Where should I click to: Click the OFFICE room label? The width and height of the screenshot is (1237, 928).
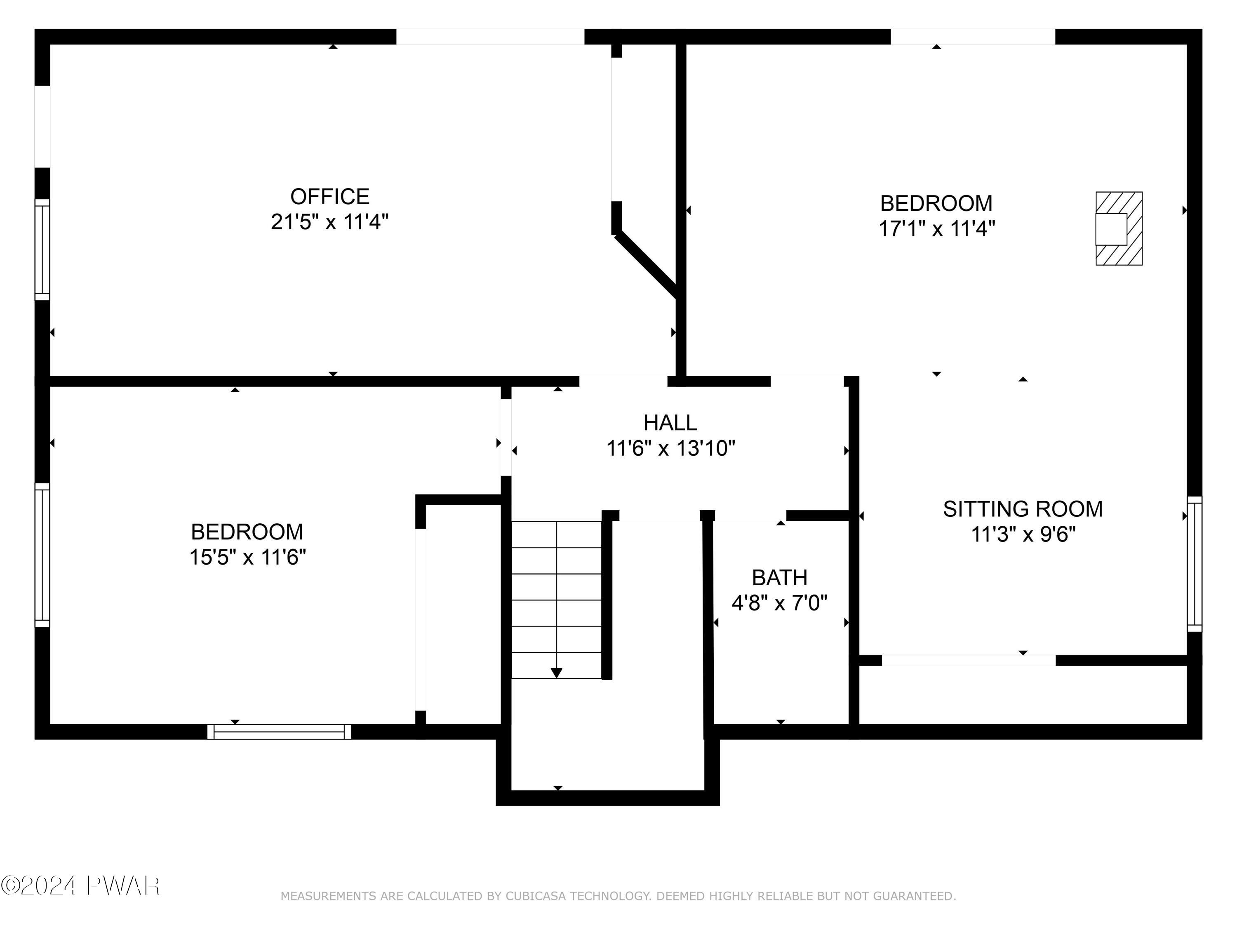(329, 197)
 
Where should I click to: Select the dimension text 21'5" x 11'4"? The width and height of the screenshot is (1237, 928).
(329, 222)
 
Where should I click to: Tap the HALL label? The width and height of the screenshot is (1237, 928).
(670, 423)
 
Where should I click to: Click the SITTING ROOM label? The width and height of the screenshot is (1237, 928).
(1023, 509)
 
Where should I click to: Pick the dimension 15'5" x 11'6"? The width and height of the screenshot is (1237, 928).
(247, 557)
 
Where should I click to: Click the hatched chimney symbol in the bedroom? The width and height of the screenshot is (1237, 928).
(1118, 228)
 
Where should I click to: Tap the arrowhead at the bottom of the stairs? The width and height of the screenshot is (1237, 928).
(556, 673)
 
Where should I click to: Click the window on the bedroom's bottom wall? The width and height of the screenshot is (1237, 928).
(279, 732)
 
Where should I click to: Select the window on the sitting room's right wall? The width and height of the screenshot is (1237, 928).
(1194, 564)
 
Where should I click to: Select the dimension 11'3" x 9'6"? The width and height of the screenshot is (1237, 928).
(1023, 535)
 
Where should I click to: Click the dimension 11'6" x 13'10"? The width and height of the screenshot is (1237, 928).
(670, 449)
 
